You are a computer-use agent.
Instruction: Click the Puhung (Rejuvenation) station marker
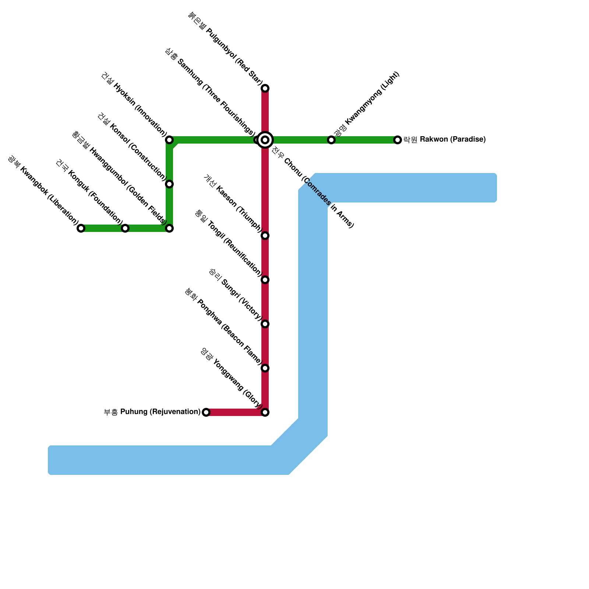[206, 412]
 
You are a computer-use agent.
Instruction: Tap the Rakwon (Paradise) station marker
[398, 140]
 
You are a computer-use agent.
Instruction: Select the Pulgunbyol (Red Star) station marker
[265, 88]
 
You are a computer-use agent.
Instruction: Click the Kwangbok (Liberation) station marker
[81, 228]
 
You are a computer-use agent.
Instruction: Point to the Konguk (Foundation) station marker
[125, 228]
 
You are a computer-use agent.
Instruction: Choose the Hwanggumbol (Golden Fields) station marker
[169, 228]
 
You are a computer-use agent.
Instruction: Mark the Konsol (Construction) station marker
[169, 184]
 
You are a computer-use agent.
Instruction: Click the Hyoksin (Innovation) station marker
[169, 140]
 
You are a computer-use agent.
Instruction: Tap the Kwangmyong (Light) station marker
[331, 140]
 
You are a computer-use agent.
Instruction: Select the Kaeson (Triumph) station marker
[265, 236]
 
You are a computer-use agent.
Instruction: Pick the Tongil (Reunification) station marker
[265, 280]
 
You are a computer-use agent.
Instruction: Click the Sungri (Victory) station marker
[265, 324]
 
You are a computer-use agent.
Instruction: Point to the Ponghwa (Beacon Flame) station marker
[265, 368]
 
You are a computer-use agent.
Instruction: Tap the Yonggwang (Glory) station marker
[265, 412]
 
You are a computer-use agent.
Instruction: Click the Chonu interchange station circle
[265, 140]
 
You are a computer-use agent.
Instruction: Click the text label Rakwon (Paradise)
[445, 140]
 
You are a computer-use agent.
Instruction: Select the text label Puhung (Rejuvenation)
[152, 412]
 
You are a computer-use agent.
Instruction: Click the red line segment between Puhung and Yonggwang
[236, 412]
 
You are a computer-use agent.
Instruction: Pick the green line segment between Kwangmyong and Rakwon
[364, 140]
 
